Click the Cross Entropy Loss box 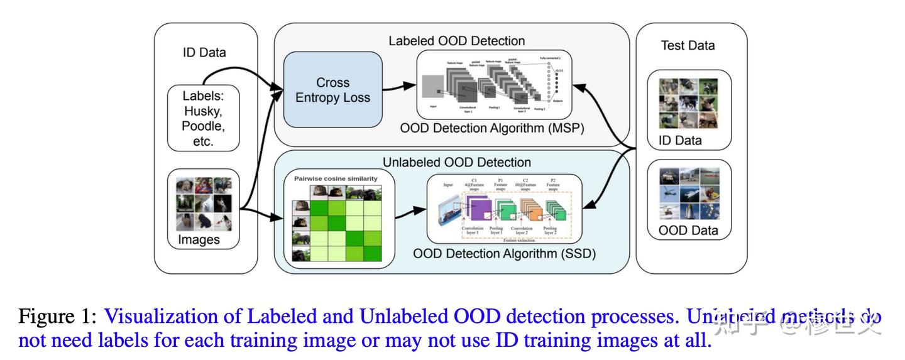click(332, 90)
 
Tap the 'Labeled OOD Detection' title click(456, 41)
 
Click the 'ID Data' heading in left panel click(204, 52)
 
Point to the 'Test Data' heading click(688, 45)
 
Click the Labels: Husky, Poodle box click(203, 118)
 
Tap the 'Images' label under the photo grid click(199, 239)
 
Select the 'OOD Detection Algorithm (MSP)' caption click(492, 129)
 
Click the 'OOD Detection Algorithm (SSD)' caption click(504, 254)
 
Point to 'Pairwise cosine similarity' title click(336, 178)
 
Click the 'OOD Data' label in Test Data click(688, 230)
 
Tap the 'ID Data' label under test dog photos click(679, 140)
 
